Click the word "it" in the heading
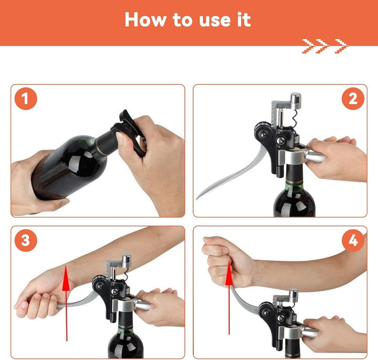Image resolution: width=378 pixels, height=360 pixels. [244, 19]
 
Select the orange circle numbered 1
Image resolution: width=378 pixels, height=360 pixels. [26, 99]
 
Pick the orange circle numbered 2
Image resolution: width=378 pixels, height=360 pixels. [353, 99]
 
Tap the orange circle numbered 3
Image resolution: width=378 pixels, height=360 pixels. [26, 240]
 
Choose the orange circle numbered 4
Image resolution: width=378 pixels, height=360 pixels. [353, 240]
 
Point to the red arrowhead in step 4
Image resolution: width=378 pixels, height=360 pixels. [229, 273]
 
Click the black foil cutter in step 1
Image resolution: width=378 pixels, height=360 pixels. [130, 130]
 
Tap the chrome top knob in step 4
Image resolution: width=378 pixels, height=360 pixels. [293, 295]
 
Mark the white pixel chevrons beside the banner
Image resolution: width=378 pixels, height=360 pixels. [325, 46]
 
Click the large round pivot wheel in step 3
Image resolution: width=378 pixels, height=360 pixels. [100, 285]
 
